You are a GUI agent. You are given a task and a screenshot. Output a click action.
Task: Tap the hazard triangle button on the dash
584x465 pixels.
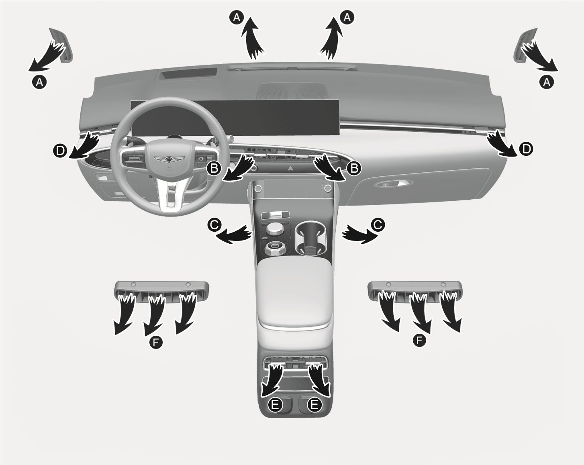pos(290,168)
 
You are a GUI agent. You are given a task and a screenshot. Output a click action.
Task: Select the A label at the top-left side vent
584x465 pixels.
pos(39,82)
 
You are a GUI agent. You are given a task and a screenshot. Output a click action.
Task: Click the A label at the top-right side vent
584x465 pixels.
pos(547,82)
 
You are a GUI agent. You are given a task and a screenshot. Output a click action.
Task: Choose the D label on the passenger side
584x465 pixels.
pos(526,149)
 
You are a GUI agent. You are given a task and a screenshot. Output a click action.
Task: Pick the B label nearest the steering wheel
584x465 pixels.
pos(214,168)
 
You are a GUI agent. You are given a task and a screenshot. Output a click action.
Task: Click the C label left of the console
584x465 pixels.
pos(214,224)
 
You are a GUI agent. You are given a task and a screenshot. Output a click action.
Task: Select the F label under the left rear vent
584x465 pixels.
pos(156,343)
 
